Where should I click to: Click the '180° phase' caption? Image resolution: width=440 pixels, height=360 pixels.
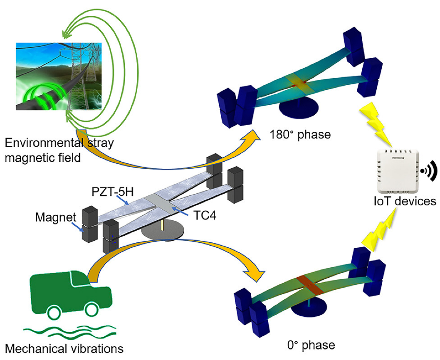tap(300, 135)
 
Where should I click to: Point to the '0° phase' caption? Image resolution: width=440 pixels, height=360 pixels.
tap(311, 345)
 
